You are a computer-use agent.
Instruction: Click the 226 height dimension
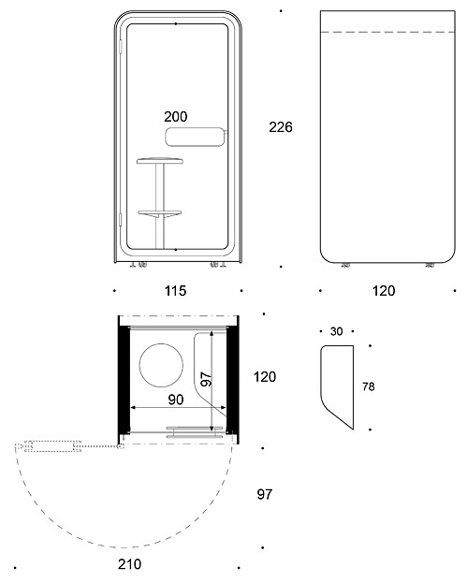click(281, 127)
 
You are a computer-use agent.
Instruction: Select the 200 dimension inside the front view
click(176, 117)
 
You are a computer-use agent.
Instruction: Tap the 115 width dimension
click(175, 291)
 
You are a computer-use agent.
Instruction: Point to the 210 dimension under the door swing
click(129, 564)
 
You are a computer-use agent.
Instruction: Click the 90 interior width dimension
click(176, 400)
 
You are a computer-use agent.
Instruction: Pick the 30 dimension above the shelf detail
click(336, 331)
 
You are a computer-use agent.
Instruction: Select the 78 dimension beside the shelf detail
click(369, 386)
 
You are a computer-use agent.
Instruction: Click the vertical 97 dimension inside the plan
click(207, 379)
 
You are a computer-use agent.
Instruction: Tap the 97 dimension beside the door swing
click(265, 494)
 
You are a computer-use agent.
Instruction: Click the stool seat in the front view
click(160, 161)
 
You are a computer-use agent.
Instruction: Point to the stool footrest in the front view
click(160, 213)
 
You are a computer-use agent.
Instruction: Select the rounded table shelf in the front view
click(196, 137)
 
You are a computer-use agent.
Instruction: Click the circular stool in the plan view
click(161, 365)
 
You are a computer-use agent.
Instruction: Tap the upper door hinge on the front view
click(121, 46)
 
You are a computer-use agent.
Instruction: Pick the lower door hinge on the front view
click(121, 220)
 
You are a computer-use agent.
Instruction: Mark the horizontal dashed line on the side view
click(387, 33)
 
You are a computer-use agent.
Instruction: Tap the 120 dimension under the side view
click(384, 291)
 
